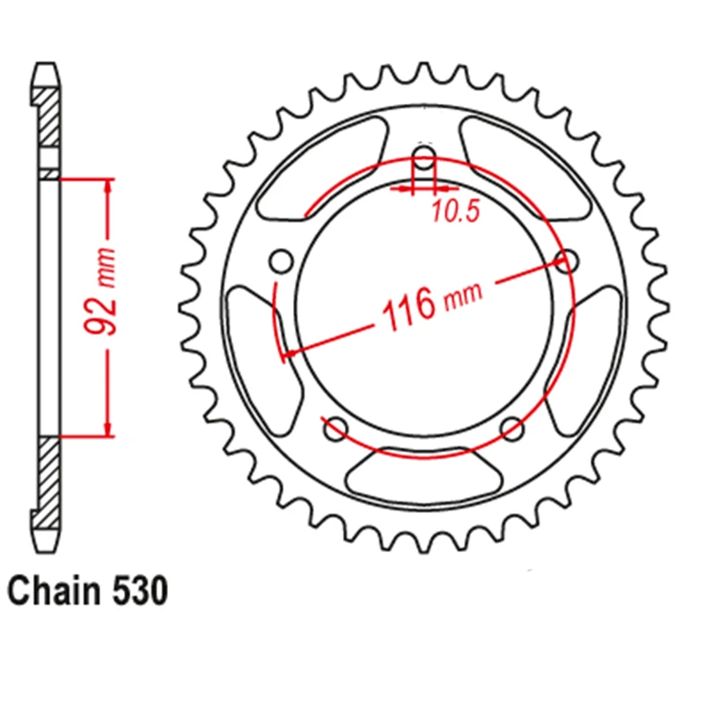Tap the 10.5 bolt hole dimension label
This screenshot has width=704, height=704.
click(450, 212)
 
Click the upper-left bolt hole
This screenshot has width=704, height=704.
click(282, 261)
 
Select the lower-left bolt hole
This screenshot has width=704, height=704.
click(335, 430)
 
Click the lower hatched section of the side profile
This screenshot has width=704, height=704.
click(50, 475)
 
